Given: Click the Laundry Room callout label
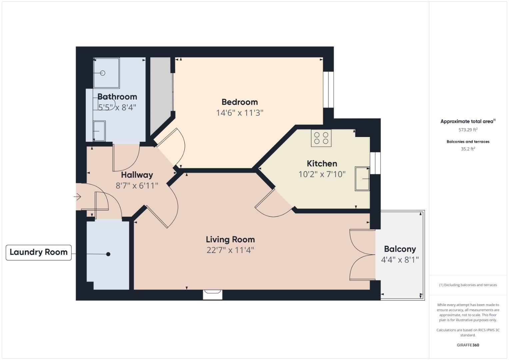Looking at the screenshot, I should (39, 252).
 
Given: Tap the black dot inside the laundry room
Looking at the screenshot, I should (108, 254).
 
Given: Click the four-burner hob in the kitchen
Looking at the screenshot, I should (321, 138).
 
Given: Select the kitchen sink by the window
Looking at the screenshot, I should (362, 179).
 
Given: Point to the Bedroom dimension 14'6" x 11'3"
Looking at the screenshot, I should (240, 113).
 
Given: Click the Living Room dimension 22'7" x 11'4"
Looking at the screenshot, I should (230, 250).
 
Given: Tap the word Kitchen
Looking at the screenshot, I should (322, 164).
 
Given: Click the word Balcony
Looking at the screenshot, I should (400, 249).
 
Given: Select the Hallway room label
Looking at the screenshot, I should (137, 175).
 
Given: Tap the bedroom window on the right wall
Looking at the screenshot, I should (328, 90).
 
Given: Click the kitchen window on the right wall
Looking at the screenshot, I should (375, 163).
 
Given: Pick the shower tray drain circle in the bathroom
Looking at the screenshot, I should (103, 73).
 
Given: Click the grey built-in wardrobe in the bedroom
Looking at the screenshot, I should (161, 93).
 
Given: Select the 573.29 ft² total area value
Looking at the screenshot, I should (468, 130).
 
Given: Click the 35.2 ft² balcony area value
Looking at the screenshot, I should (468, 149).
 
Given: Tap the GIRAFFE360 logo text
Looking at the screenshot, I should (468, 345).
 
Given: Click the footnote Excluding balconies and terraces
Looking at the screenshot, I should (468, 285).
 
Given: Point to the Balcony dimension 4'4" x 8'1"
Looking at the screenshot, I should (400, 260).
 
